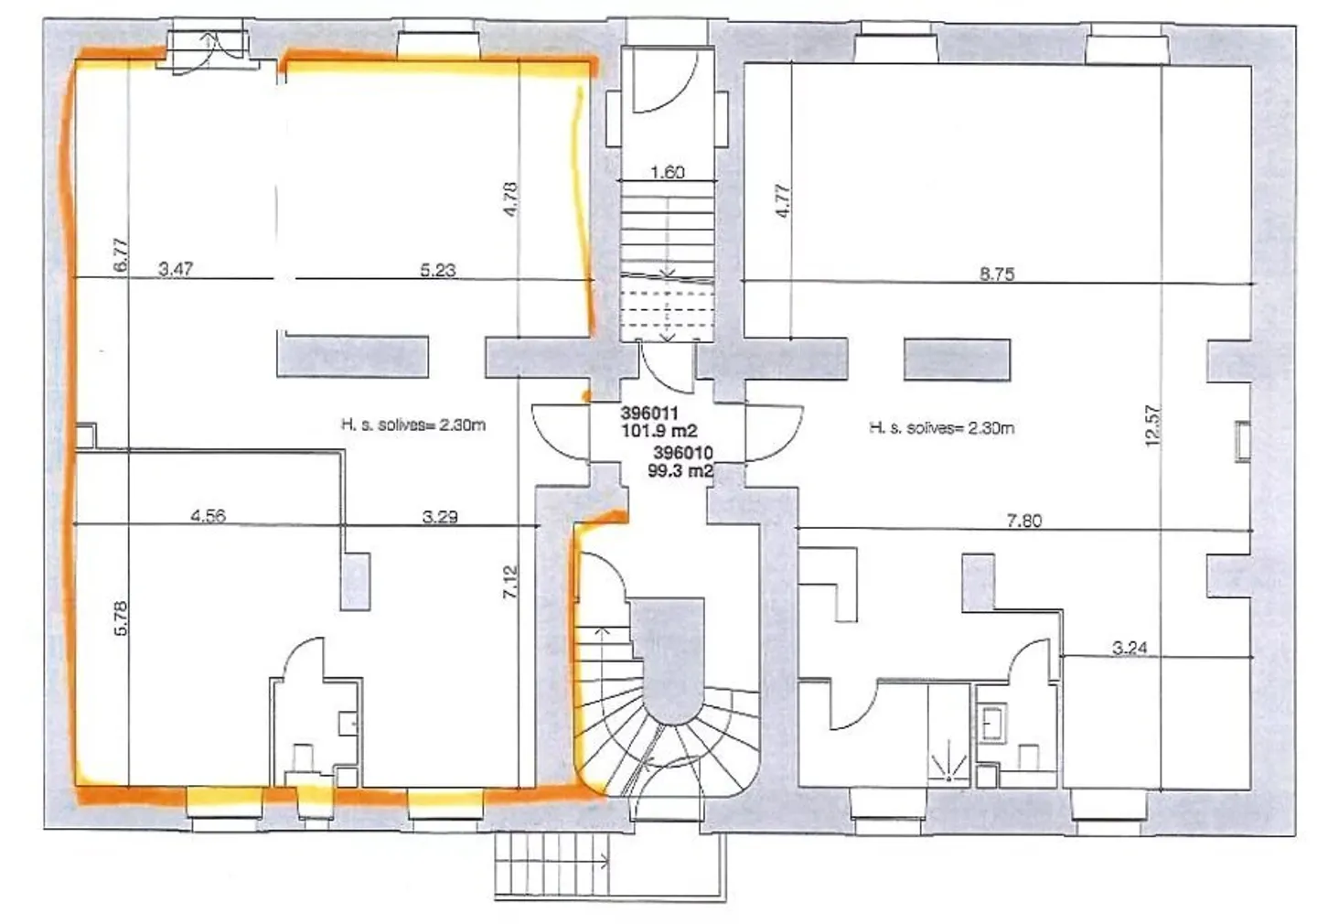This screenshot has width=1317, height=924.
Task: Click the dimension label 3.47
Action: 176,269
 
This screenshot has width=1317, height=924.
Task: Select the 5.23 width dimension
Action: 437,270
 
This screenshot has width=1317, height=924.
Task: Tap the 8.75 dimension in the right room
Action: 996,274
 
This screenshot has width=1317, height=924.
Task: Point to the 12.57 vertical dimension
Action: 1151,425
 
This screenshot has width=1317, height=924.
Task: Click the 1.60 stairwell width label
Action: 667,172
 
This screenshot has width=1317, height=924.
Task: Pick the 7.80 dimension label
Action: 1023,521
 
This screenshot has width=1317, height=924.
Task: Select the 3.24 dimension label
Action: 1130,648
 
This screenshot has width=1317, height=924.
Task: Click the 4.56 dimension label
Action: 208,516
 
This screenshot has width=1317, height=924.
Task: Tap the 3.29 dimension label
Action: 440,517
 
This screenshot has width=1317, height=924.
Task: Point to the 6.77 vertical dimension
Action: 122,253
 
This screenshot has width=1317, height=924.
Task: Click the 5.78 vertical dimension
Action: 122,618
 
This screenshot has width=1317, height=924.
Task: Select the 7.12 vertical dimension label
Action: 510,583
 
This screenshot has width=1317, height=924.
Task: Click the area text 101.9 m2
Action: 659,430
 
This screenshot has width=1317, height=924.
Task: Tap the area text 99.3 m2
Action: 681,470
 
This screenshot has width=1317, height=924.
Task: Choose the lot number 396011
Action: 648,414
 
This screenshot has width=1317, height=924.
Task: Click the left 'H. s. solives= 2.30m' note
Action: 412,424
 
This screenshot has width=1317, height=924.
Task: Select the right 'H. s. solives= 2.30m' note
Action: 941,427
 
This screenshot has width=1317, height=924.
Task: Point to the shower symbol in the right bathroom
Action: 949,764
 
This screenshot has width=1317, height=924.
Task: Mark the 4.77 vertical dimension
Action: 782,200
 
